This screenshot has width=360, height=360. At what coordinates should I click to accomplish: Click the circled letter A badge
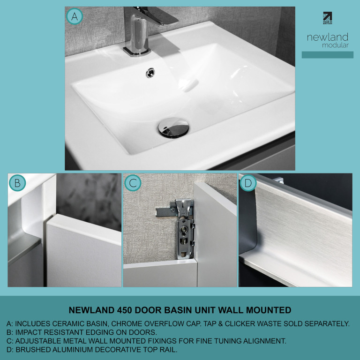pyautogui.click(x=75, y=16)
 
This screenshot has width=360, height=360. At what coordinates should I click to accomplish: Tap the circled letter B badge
pyautogui.click(x=17, y=183)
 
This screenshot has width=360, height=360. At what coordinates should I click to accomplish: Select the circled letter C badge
pyautogui.click(x=133, y=183)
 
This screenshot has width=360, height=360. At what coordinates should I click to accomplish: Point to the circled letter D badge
pyautogui.click(x=248, y=183)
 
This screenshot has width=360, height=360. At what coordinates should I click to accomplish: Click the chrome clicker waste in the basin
pyautogui.click(x=173, y=127)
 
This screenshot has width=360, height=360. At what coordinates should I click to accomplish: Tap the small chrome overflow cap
pyautogui.click(x=150, y=73)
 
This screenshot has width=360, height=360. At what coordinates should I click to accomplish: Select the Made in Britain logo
pyautogui.click(x=327, y=18)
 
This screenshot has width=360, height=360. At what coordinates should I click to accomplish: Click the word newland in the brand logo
pyautogui.click(x=328, y=37)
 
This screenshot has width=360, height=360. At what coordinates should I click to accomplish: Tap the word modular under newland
pyautogui.click(x=335, y=45)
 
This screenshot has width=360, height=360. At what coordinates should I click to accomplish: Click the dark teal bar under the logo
pyautogui.click(x=327, y=55)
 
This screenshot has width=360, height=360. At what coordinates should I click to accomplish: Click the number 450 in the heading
pyautogui.click(x=124, y=310)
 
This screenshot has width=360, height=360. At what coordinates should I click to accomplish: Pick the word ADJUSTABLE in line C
pyautogui.click(x=37, y=341)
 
